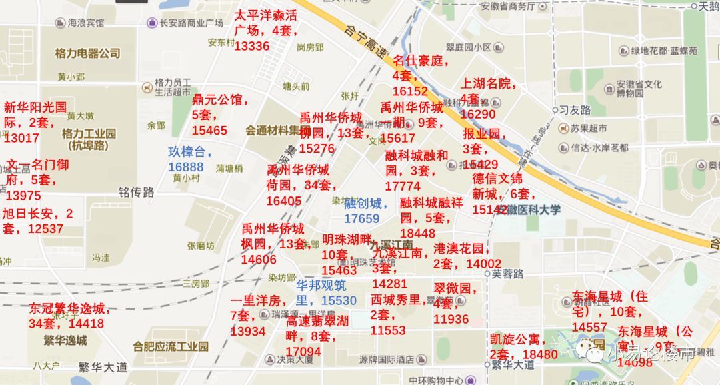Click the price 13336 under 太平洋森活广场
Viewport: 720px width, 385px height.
coord(252,46)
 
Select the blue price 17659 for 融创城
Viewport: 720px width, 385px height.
coord(361,218)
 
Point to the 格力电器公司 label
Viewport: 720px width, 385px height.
coord(87,53)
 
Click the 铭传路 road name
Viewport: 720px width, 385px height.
coord(136,192)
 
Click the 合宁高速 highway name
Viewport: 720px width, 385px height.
coord(361,39)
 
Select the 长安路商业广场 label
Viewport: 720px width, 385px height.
coord(190,23)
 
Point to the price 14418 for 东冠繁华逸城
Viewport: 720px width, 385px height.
coord(86,324)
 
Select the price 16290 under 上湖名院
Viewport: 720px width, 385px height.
coord(478,114)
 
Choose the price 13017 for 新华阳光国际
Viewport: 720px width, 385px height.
coord(21,138)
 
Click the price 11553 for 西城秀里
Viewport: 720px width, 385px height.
coord(388,330)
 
